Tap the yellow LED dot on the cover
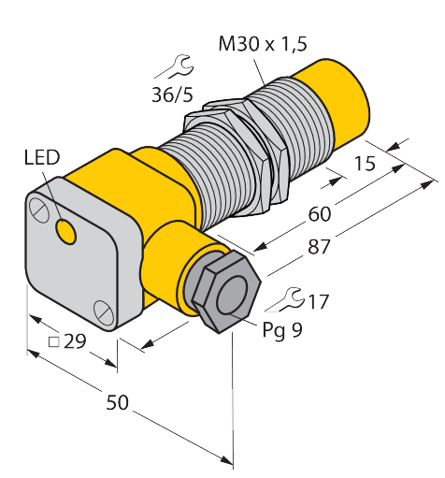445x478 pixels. (x=65, y=229)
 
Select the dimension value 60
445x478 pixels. (x=319, y=214)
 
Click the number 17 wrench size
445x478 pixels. (x=318, y=301)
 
